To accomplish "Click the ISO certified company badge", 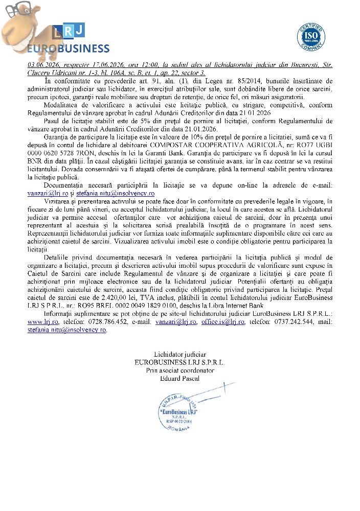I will tap(311, 35).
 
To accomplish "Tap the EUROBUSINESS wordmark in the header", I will tap(68, 49).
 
